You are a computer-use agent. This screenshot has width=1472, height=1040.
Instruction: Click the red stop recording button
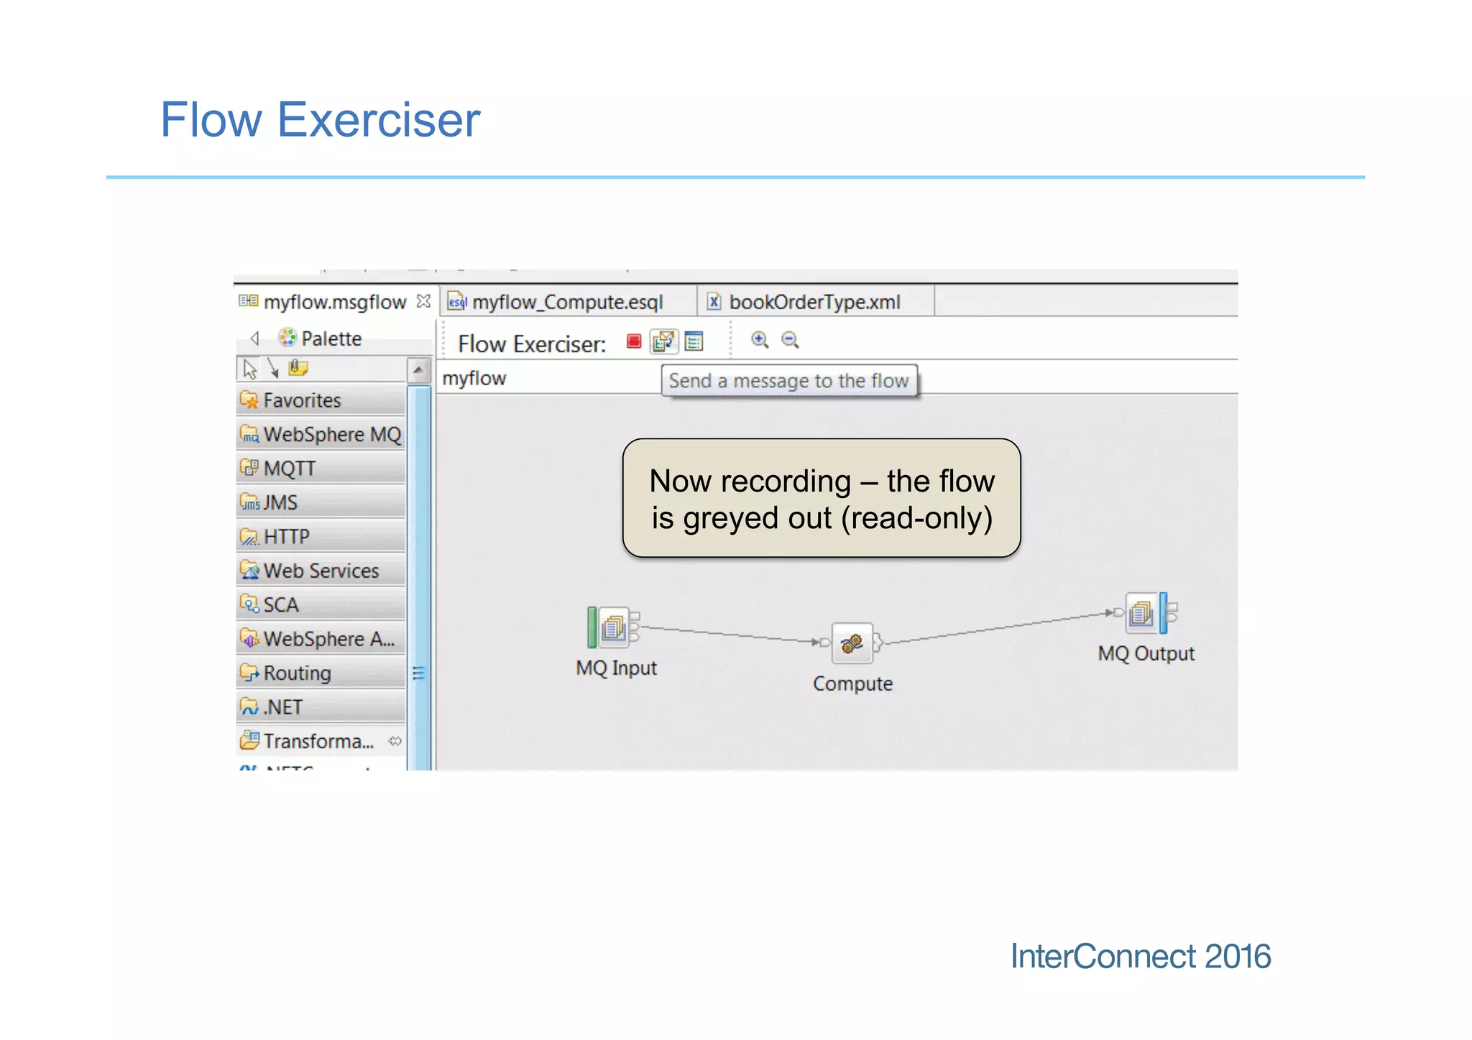coord(633,341)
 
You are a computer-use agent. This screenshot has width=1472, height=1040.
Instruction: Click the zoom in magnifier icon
coord(760,340)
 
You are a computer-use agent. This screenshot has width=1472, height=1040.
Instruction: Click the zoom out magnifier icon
coord(790,340)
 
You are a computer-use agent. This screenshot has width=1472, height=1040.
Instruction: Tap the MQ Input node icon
coord(613,627)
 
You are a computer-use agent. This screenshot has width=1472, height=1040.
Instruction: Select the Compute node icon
coord(852,643)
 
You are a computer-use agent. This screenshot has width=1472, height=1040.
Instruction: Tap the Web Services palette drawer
coord(321,571)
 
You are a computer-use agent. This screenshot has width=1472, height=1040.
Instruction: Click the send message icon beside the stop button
coord(663,341)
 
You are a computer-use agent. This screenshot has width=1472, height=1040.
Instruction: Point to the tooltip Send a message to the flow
coord(788,381)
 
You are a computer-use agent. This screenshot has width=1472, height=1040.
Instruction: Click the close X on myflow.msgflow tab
coord(423,301)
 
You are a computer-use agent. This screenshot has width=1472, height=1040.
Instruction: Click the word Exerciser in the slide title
coord(378,120)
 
